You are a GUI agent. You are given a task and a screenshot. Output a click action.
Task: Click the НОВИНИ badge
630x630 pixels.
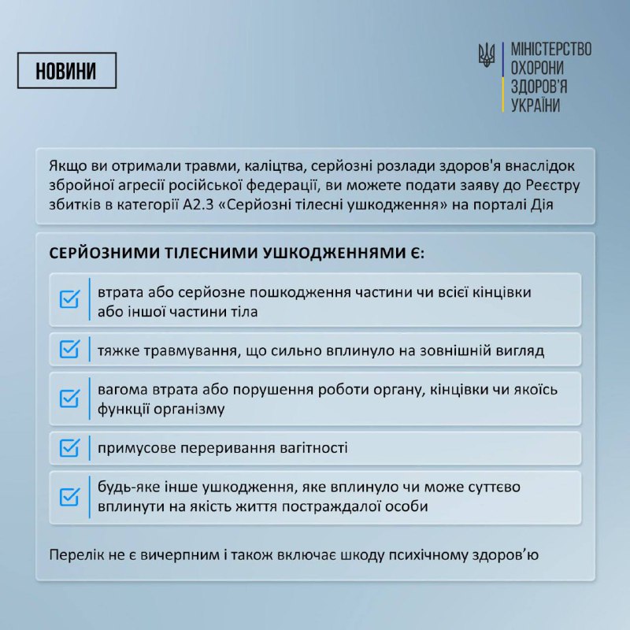66,70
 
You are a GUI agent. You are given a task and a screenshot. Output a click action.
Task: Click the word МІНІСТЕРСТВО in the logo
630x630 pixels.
551,49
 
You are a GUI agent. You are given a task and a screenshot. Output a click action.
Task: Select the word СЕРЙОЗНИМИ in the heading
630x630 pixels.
106,254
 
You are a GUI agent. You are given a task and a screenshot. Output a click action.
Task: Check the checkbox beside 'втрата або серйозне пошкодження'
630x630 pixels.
70,300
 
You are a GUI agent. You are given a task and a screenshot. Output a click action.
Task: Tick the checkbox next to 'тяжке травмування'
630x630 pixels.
70,349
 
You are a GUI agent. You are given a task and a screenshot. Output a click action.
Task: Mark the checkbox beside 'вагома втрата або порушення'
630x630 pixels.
70,398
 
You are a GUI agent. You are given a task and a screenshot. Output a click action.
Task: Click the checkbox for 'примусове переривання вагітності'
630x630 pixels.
70,448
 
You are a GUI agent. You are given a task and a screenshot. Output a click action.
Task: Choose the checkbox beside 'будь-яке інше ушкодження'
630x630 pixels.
70,497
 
